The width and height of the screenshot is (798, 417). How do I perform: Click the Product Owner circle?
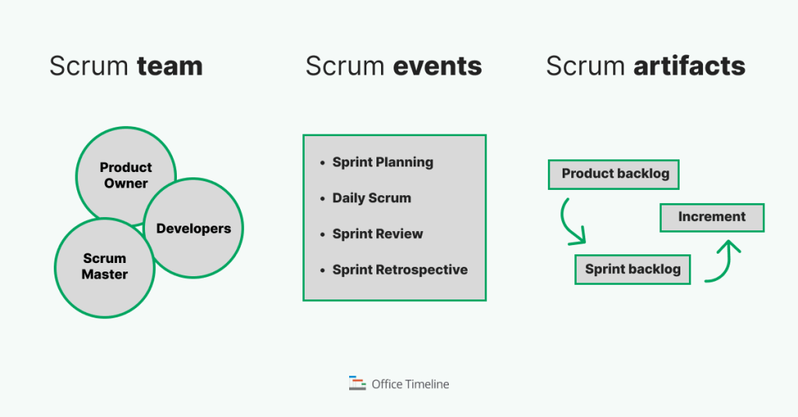point(125,175)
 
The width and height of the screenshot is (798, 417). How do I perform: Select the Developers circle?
point(193,229)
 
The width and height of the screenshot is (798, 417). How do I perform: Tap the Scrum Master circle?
point(104,266)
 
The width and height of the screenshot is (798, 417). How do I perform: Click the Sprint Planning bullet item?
point(383,163)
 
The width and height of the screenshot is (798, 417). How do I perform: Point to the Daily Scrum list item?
point(372,198)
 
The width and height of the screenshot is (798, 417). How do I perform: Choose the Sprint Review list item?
point(378,234)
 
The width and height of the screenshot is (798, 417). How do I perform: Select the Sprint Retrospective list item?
point(400,270)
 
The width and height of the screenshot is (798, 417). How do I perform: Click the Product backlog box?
point(614,174)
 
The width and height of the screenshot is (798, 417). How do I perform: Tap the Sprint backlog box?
point(632,269)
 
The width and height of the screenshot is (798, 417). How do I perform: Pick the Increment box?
point(711,217)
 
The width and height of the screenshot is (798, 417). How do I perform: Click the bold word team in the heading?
point(170,66)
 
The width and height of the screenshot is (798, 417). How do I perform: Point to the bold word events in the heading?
point(437,66)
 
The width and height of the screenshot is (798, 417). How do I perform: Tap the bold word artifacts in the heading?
point(689,66)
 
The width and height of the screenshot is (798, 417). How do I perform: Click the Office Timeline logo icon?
point(357,384)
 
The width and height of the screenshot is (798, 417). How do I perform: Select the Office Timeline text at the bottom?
point(411,384)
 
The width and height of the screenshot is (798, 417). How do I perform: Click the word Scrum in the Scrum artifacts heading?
point(585,66)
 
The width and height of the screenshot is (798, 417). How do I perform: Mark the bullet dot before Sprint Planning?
point(323,163)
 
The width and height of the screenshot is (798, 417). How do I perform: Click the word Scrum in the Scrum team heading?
point(89,66)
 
